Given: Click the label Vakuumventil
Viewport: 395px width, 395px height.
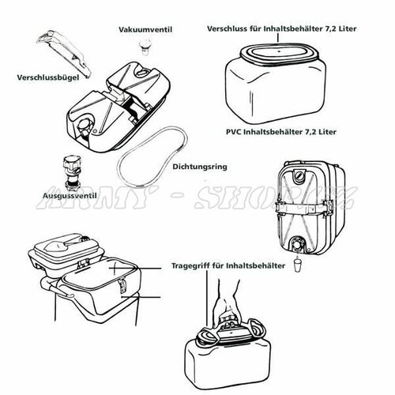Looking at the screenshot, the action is click(x=145, y=29).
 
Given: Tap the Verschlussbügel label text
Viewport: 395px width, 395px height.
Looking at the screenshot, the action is click(x=48, y=77).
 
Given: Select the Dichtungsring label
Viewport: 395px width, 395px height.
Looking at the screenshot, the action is click(x=200, y=167).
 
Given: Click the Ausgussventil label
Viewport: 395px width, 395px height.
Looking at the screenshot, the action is click(x=70, y=196).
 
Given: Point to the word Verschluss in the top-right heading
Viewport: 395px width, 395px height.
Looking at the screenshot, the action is click(x=227, y=28).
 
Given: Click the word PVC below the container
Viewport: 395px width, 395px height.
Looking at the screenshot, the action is click(x=234, y=131).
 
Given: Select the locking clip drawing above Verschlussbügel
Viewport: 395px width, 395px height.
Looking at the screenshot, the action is click(x=64, y=53).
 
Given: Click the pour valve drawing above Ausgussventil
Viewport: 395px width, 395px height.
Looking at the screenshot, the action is click(x=72, y=174).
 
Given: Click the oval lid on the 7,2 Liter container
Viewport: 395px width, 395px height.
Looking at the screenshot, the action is click(x=280, y=53).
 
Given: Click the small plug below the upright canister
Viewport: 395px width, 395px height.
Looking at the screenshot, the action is click(x=297, y=265).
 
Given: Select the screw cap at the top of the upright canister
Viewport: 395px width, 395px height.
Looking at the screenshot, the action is click(x=299, y=175).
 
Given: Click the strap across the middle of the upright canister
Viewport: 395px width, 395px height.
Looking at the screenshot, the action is click(x=303, y=206).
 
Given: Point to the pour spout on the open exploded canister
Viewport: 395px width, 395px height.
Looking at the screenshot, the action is click(x=85, y=126).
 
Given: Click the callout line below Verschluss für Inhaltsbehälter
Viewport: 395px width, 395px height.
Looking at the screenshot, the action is click(x=277, y=38).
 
